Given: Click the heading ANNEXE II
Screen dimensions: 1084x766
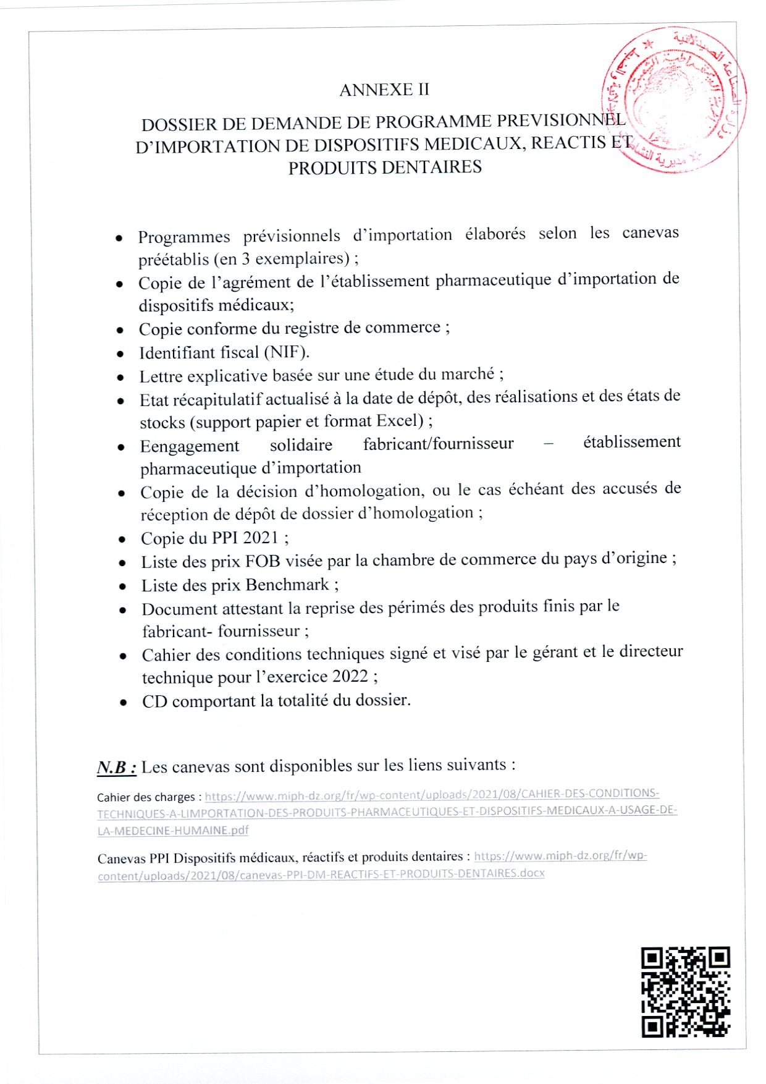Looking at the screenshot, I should click(x=384, y=90).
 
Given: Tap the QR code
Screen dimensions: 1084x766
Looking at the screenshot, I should click(x=686, y=991).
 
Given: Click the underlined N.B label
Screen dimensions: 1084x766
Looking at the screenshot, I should click(x=116, y=768).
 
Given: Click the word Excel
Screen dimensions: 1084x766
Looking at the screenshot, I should click(x=398, y=421).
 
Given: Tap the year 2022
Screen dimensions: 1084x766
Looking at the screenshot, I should click(x=350, y=676).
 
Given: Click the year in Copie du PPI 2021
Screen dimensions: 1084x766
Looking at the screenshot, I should click(x=261, y=538).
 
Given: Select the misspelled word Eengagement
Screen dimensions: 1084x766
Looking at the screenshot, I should click(x=189, y=446).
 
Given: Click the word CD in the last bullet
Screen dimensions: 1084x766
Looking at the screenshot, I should click(x=154, y=701).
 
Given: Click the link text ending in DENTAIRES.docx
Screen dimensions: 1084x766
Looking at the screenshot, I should click(x=321, y=874).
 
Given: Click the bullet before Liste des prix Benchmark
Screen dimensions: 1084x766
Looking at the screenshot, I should click(x=123, y=586).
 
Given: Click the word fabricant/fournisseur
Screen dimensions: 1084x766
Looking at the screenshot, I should click(x=438, y=444).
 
